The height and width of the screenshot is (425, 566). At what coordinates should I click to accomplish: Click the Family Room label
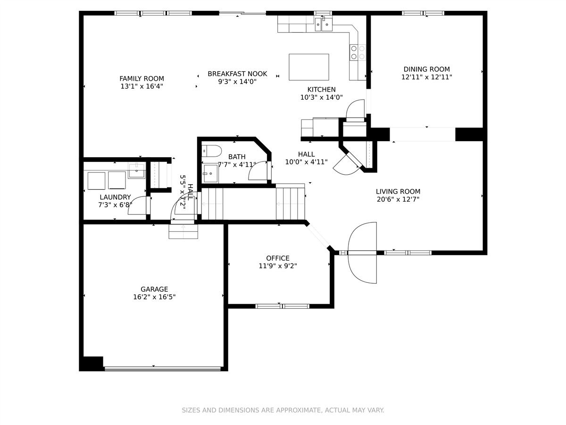(x=141, y=78)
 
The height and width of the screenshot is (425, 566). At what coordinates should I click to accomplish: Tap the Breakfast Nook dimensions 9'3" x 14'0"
(x=237, y=82)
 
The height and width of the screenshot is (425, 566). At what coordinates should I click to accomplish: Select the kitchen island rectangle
(x=308, y=67)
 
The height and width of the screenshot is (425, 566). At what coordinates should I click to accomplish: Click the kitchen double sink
(x=324, y=24)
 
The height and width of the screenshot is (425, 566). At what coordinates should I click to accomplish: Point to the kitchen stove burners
(x=358, y=52)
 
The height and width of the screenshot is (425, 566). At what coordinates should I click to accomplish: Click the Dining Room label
(x=426, y=69)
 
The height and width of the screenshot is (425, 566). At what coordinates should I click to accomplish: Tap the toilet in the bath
(x=212, y=151)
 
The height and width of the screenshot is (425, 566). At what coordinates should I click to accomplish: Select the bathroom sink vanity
(x=210, y=173)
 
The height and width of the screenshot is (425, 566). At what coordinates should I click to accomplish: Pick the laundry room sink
(x=137, y=170)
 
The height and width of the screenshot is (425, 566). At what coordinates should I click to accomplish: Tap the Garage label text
(x=154, y=289)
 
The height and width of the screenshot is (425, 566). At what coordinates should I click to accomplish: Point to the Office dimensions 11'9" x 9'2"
(x=278, y=266)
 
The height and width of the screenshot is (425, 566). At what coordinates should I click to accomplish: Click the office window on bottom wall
(x=283, y=306)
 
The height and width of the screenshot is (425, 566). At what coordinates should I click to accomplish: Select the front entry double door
(x=362, y=253)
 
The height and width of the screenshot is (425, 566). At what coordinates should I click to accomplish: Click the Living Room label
(x=398, y=191)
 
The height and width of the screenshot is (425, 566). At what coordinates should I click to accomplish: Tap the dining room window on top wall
(x=423, y=13)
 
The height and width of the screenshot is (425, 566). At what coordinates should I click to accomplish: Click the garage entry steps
(x=183, y=231)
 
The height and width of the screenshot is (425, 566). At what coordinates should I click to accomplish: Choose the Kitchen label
(x=321, y=90)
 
